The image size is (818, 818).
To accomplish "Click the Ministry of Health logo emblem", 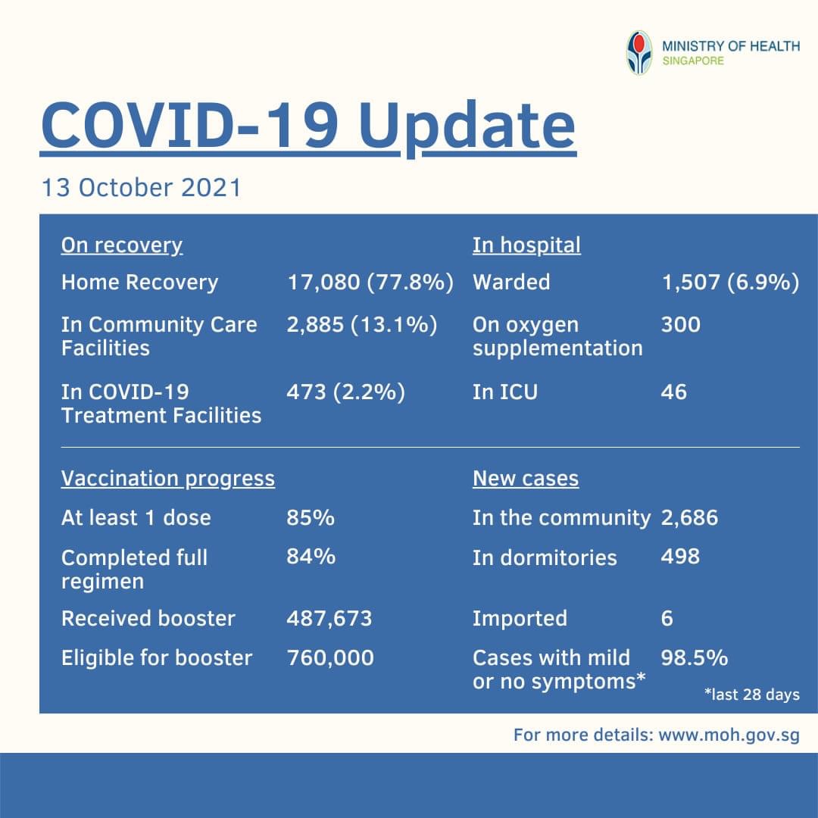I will (x=639, y=52).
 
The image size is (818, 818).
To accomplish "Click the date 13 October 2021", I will (x=142, y=186).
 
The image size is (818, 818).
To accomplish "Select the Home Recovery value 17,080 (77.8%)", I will (x=370, y=283).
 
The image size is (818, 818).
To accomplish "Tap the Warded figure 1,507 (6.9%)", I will (x=730, y=283).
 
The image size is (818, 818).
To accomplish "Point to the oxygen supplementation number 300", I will (x=680, y=325).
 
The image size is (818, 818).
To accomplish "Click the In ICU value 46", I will (x=673, y=392).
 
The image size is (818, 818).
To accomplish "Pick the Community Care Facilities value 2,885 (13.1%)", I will (x=362, y=325).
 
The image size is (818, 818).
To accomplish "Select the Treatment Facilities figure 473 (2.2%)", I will (x=345, y=392).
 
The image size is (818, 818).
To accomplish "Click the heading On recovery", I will (x=122, y=245).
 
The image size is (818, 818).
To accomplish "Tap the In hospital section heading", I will (x=526, y=245).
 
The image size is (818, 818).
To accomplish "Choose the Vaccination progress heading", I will (x=167, y=479).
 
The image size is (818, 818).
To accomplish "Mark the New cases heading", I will (x=525, y=479).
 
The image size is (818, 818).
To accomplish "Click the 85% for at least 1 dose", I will (x=311, y=518).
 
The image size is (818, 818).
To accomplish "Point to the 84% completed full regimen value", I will (x=311, y=557).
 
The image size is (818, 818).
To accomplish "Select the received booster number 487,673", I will (x=329, y=618).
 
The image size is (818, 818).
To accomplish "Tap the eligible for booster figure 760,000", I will (x=330, y=657).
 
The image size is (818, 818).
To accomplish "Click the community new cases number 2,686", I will (x=689, y=518).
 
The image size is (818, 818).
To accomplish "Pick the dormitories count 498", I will (x=680, y=557).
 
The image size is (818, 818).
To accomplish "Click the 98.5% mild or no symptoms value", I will (x=694, y=657).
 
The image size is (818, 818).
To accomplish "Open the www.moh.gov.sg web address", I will (x=729, y=735).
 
